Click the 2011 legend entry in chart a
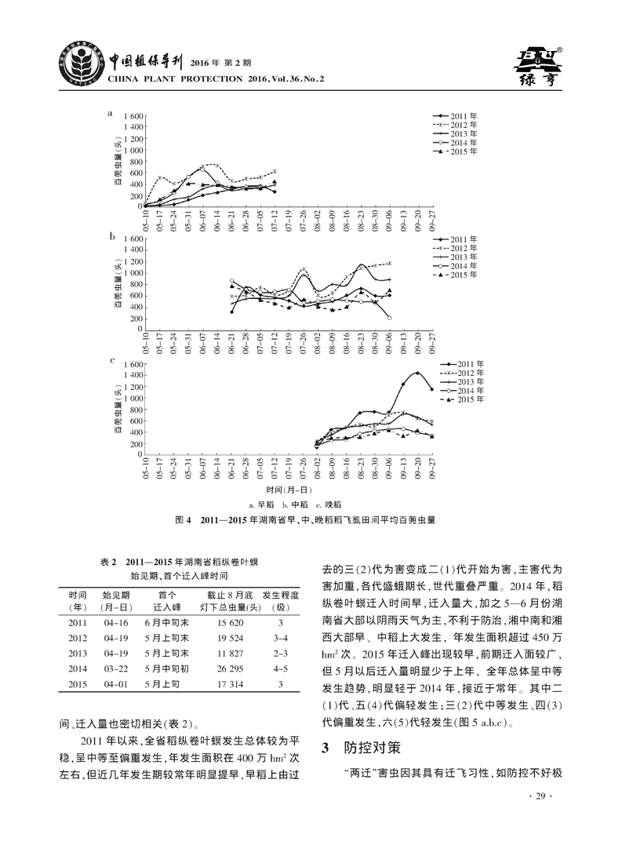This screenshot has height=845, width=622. (x=456, y=116)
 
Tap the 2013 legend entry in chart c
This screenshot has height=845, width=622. (x=456, y=381)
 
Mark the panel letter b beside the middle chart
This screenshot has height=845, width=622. (x=112, y=235)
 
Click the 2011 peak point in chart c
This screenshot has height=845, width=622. (x=417, y=373)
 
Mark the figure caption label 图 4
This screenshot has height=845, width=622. (x=181, y=519)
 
